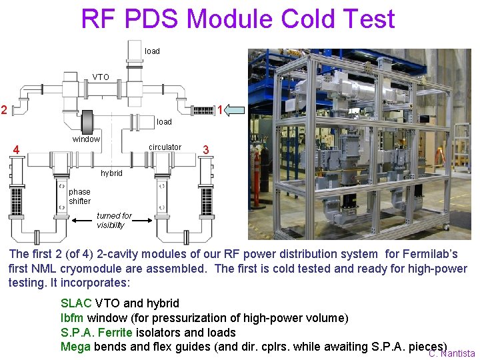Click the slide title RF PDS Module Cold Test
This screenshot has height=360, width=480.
(238, 19)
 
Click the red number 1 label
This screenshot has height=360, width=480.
(219, 109)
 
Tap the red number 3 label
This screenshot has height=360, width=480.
(206, 150)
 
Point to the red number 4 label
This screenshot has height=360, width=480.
(16, 149)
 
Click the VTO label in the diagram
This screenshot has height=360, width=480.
(101, 77)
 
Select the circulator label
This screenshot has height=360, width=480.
(165, 147)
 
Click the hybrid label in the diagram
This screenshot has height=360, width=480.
(111, 173)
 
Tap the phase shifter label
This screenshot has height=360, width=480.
(79, 197)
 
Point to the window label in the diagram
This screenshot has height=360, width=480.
(86, 139)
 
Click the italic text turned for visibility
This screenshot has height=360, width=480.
(114, 221)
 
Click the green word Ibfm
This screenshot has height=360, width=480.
(72, 318)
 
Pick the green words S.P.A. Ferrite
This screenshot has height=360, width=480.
(97, 332)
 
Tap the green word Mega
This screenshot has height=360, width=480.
(75, 347)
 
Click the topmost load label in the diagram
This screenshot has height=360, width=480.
(152, 51)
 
